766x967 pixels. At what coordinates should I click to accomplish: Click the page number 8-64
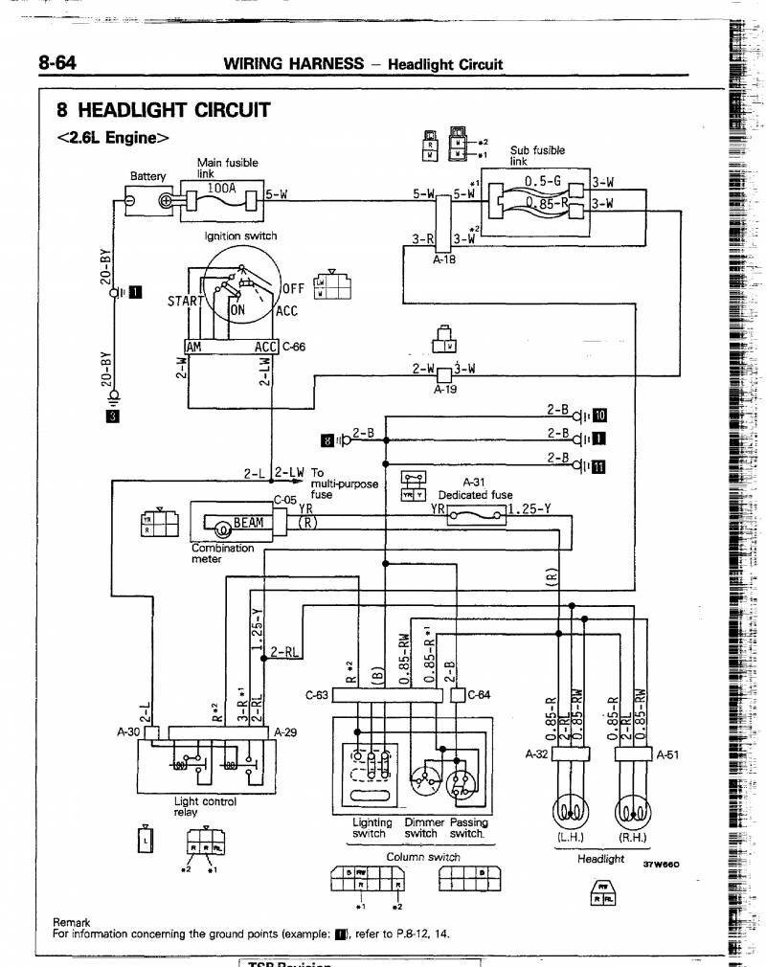(56, 63)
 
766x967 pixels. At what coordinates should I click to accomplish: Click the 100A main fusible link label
(221, 189)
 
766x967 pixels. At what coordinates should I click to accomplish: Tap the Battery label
(147, 176)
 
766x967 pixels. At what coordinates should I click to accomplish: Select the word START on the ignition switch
(184, 301)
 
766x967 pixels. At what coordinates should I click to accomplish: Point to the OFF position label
(293, 288)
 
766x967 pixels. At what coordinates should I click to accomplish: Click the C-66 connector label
(293, 347)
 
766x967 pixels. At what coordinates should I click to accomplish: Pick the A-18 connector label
(444, 259)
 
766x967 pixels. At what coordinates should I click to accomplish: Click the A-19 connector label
(445, 390)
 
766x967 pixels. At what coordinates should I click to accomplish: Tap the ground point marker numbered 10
(599, 415)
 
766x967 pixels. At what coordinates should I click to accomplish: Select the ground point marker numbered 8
(329, 439)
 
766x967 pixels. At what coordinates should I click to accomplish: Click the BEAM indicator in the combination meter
(247, 524)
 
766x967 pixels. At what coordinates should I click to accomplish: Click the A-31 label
(475, 483)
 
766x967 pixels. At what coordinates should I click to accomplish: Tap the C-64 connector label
(478, 695)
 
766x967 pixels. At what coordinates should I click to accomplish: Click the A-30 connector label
(128, 732)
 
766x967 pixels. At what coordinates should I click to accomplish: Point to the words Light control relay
(204, 807)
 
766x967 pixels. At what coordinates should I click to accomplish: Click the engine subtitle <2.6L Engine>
(113, 137)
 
